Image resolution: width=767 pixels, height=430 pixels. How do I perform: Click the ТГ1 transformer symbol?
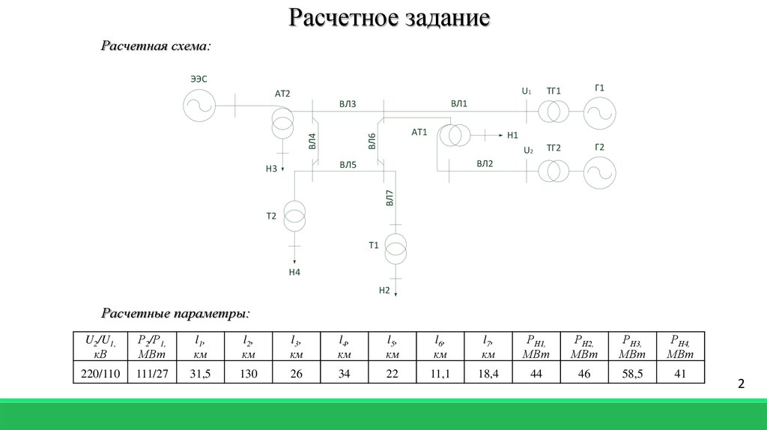(x=554, y=112)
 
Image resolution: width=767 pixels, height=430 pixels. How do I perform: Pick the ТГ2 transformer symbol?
(x=554, y=172)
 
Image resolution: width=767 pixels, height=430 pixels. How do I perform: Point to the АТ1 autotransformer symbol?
(x=455, y=136)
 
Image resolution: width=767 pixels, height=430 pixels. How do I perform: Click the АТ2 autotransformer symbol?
(x=282, y=122)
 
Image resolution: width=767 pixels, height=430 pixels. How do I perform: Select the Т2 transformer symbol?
(x=294, y=216)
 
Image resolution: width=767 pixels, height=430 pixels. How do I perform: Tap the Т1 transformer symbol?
(x=395, y=249)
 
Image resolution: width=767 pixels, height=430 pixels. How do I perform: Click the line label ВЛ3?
(x=348, y=104)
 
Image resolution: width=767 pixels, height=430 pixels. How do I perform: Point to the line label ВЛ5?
(x=348, y=165)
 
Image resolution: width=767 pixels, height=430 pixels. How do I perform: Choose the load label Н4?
(x=294, y=272)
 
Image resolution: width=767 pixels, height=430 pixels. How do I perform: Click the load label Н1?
(x=512, y=135)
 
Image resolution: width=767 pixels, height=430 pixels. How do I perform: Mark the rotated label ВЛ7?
(x=389, y=198)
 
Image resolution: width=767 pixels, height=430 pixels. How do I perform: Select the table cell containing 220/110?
(x=100, y=374)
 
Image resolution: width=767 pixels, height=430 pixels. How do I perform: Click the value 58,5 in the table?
(x=632, y=374)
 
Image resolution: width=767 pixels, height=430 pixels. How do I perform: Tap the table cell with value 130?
(x=249, y=374)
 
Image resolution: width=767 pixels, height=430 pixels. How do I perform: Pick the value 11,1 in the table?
(x=440, y=374)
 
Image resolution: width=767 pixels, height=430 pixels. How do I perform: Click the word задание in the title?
(x=448, y=18)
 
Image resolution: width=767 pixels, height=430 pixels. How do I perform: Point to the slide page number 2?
(x=741, y=384)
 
